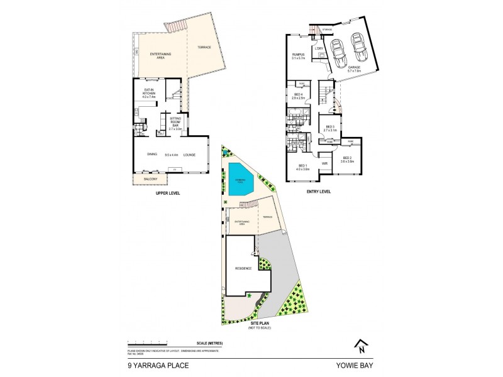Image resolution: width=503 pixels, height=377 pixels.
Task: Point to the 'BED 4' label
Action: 298,94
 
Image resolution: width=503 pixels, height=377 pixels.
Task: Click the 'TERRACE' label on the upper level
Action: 204,48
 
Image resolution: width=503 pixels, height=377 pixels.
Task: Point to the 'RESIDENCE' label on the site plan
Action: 243,268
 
